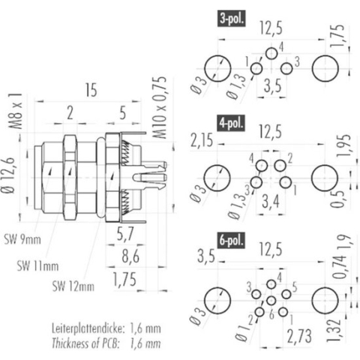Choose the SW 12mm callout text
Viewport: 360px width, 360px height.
pos(73,285)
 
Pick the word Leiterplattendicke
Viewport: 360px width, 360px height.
pos(88,328)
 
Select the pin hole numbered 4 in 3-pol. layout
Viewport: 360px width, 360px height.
pos(271,53)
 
